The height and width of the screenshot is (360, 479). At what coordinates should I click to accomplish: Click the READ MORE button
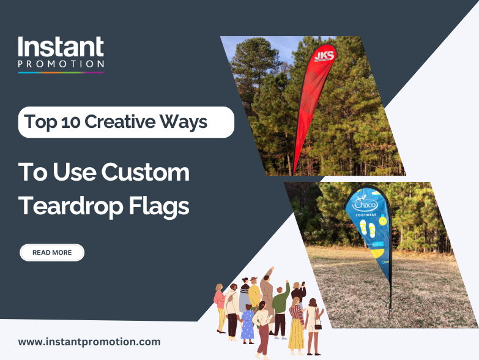[52, 252]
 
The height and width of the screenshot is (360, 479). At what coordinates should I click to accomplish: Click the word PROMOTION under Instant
[61, 64]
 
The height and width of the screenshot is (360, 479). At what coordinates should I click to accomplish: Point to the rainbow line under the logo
[61, 72]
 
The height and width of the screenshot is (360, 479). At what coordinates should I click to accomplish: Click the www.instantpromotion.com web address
[89, 342]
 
